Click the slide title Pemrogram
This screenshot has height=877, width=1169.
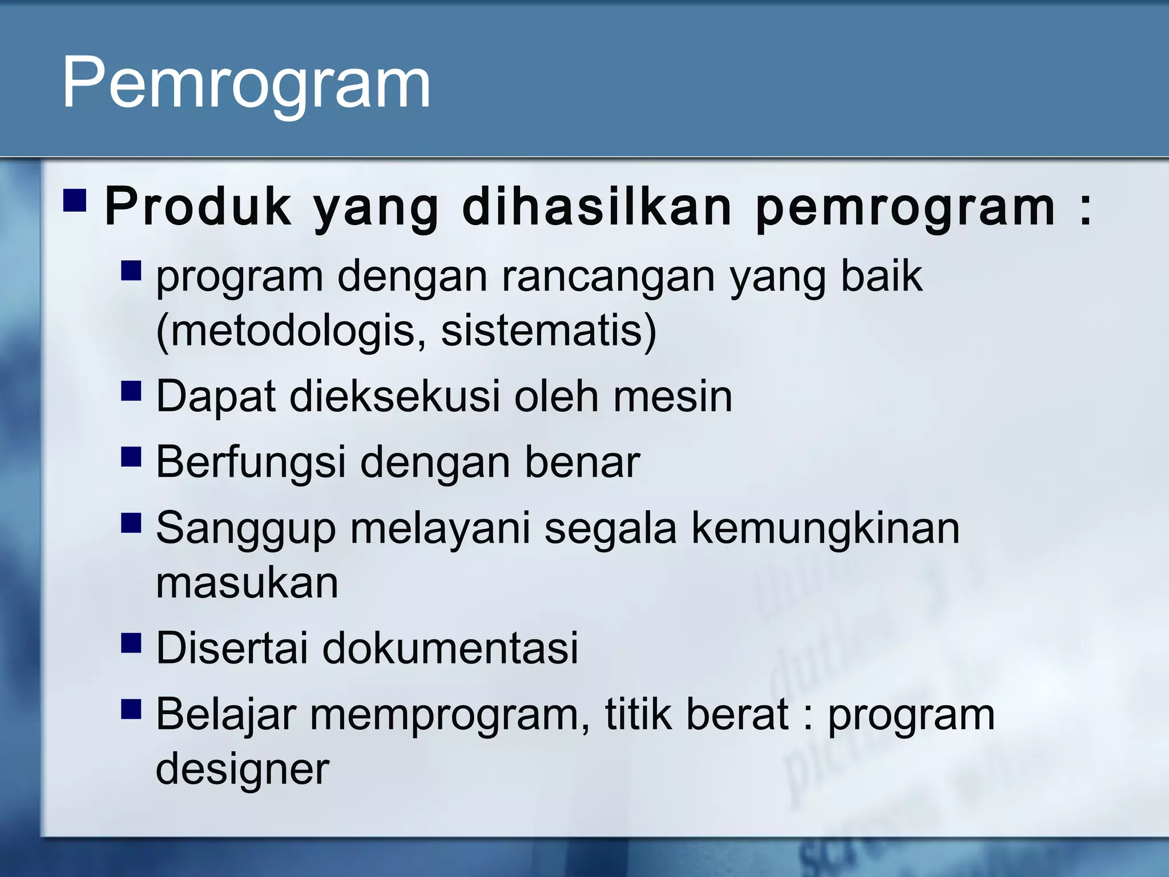coord(246,83)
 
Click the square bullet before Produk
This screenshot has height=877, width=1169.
coord(75,200)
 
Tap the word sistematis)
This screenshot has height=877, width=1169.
coord(549,331)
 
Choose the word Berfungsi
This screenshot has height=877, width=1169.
coord(251,462)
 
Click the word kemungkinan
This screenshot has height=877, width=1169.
coord(825,528)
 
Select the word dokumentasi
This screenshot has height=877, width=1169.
coord(450,648)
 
